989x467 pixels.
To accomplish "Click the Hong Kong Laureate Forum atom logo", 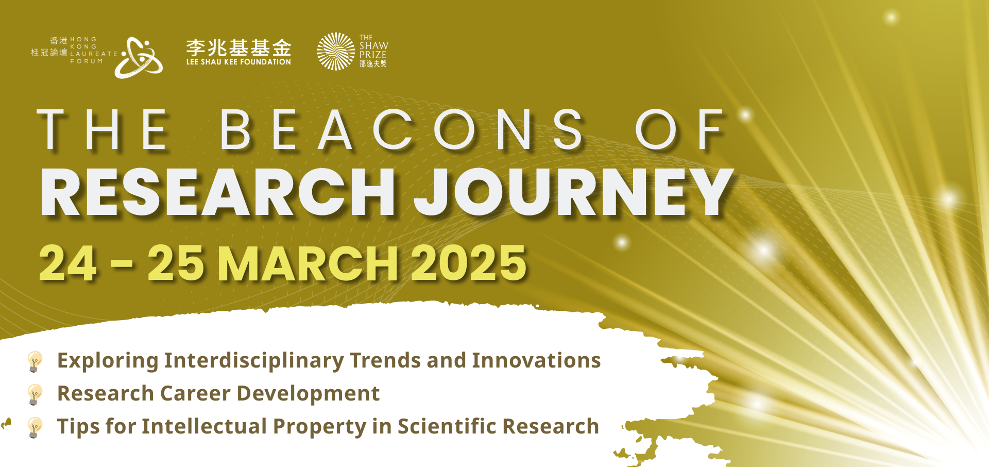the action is coord(139,57).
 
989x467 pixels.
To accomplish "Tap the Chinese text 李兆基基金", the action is coord(238,48).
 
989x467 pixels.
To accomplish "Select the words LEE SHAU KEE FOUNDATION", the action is coord(238,62).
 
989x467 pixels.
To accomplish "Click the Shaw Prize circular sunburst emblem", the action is coord(336,52).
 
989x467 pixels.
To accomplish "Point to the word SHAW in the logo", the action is coord(374,45).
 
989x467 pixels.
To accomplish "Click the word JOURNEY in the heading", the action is coord(574,192).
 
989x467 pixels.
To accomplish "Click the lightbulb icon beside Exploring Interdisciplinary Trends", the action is coord(35,361).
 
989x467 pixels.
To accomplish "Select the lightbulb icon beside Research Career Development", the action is coord(35,394).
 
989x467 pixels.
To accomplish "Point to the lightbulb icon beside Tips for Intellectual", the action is coord(35,427).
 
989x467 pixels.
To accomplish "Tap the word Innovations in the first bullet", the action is coord(536,360).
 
